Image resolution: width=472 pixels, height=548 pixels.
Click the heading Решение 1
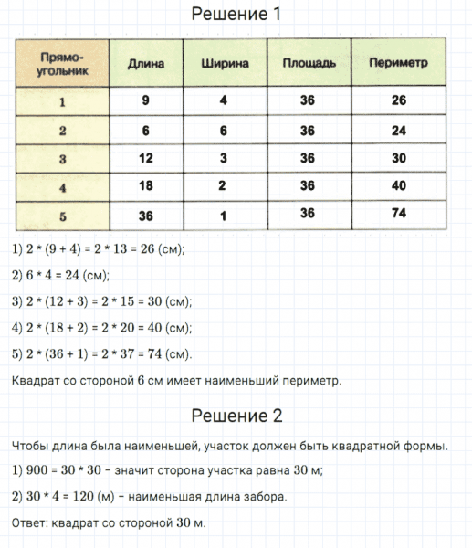(236, 15)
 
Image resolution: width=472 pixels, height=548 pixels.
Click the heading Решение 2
(236, 416)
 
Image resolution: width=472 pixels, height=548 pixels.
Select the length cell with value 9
(146, 100)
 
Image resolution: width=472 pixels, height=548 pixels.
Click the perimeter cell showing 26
(398, 100)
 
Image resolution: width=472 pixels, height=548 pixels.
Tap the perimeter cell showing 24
(398, 130)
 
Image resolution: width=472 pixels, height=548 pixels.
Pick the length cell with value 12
(146, 158)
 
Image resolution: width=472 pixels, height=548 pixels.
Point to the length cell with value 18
(146, 185)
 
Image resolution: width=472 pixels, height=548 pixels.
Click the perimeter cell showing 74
(398, 215)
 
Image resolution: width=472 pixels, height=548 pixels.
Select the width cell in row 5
(224, 215)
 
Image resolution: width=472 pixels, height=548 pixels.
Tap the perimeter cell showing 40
(398, 185)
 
